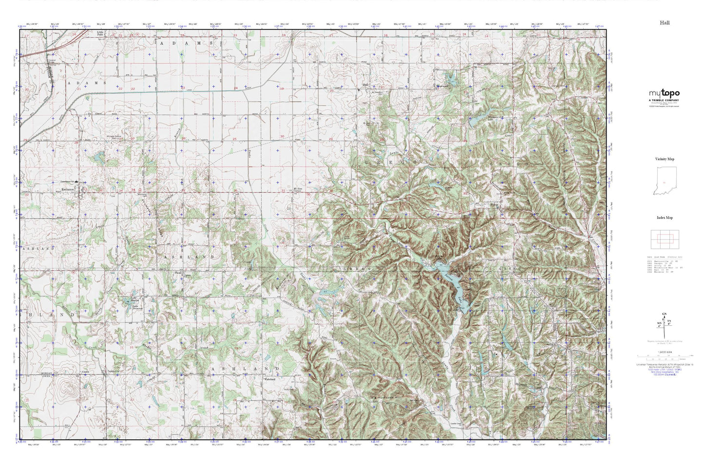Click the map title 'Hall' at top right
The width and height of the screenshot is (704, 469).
pyautogui.click(x=665, y=23)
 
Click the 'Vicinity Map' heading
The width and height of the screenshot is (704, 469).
pyautogui.click(x=665, y=159)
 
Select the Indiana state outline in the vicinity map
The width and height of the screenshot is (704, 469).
pyautogui.click(x=664, y=181)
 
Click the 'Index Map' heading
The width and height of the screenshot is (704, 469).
pyautogui.click(x=665, y=219)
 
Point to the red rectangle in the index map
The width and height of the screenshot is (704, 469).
pyautogui.click(x=665, y=239)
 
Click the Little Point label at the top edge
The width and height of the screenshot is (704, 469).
pyautogui.click(x=100, y=34)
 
